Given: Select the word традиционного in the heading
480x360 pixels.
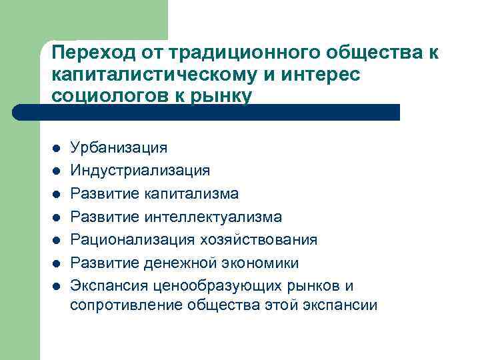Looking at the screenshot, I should click(224, 53).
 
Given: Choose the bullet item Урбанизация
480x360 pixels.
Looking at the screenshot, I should click(119, 147).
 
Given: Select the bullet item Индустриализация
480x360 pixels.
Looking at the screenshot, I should click(140, 171).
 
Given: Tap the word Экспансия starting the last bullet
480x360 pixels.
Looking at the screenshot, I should click(108, 285).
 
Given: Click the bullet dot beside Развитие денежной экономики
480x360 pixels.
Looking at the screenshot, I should click(57, 263).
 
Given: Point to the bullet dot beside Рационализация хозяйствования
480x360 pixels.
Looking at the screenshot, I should click(57, 240).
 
